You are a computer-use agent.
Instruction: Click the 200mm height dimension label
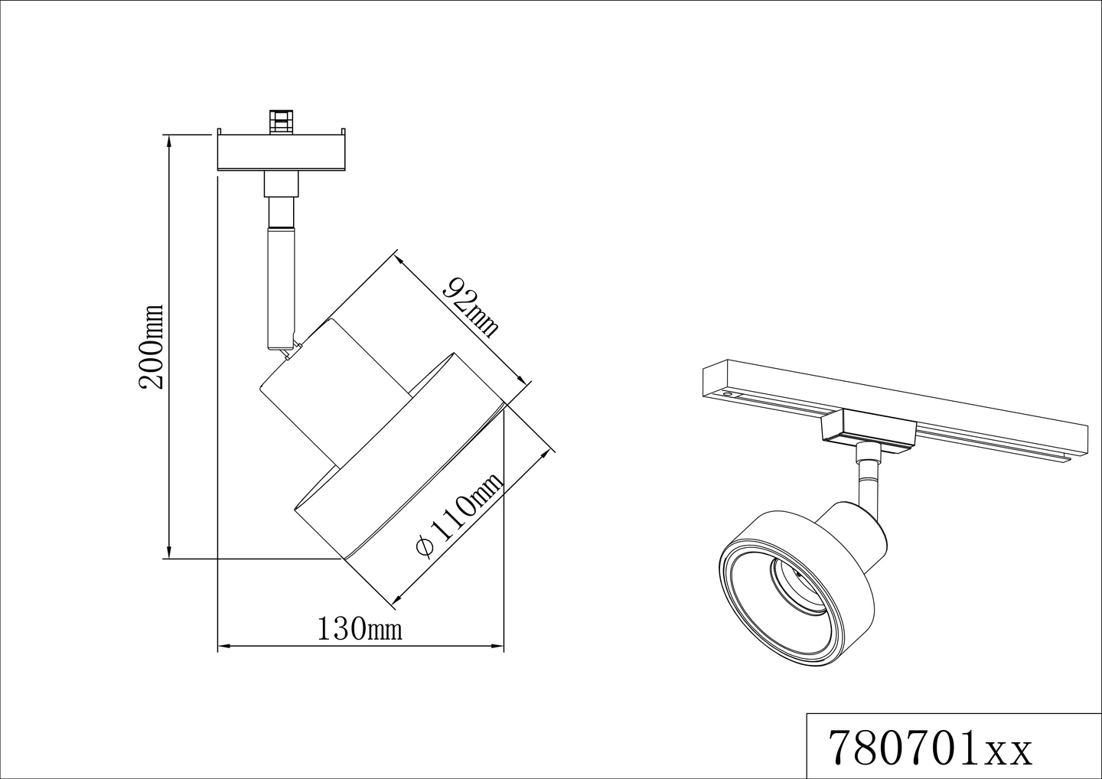pyautogui.click(x=151, y=346)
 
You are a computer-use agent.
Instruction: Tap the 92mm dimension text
pyautogui.click(x=471, y=307)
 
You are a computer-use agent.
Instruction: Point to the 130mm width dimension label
pyautogui.click(x=360, y=628)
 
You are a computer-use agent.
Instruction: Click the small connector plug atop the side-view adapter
pyautogui.click(x=281, y=120)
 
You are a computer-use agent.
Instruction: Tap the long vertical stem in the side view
pyautogui.click(x=281, y=288)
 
